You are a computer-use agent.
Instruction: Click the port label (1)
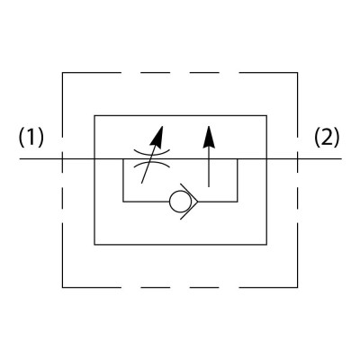tap(31, 138)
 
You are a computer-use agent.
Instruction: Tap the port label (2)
tap(327, 138)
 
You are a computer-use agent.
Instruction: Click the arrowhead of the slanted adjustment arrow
tap(157, 137)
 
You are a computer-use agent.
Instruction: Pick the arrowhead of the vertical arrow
tap(209, 137)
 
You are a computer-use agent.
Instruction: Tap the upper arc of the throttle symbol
tap(152, 151)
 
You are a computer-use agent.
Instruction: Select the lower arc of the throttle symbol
tap(152, 165)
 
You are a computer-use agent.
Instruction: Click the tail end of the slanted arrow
tap(141, 183)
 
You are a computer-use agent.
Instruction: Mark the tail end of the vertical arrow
tap(209, 187)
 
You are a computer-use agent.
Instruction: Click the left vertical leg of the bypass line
tap(123, 180)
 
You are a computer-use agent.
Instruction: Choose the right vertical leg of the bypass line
tap(238, 180)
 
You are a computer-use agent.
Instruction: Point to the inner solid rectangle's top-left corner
tap(94, 115)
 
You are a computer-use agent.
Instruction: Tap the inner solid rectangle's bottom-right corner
tap(266, 245)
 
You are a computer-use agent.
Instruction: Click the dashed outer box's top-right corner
tap(298, 73)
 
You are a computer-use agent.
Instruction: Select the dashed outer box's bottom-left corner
tap(62, 288)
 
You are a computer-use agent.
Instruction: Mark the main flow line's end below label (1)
tap(20, 158)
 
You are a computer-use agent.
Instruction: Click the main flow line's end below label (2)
tap(342, 158)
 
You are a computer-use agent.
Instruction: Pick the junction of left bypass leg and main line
tap(123, 158)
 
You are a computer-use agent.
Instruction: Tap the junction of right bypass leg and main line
tap(238, 158)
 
